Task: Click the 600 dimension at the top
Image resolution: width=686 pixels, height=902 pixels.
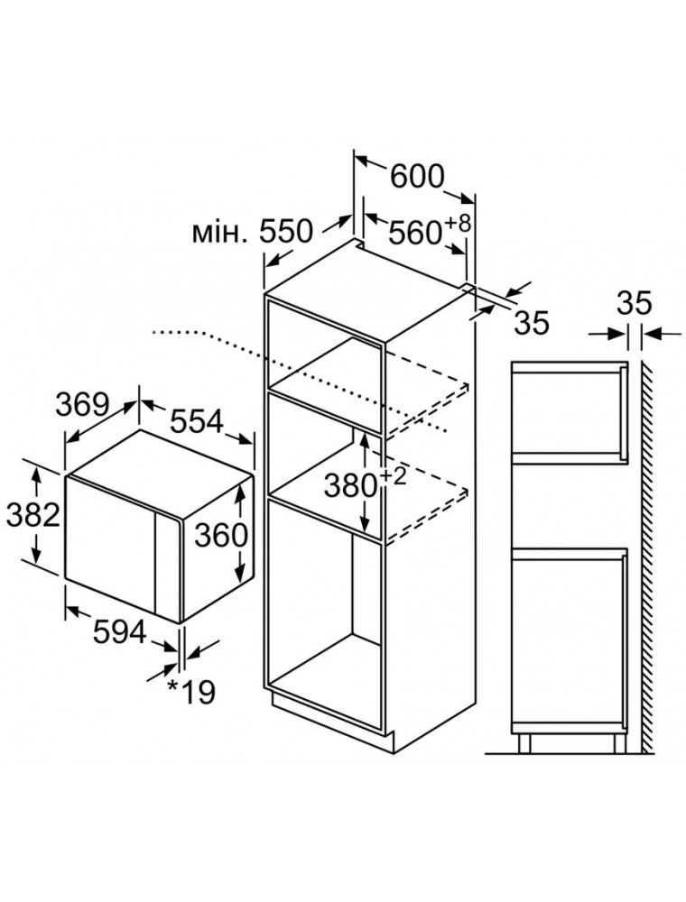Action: pyautogui.click(x=417, y=177)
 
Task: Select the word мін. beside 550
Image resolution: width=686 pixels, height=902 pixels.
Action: pyautogui.click(x=218, y=235)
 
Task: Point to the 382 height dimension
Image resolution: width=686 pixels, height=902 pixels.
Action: pyautogui.click(x=32, y=515)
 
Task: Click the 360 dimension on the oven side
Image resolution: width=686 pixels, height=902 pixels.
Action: pyautogui.click(x=221, y=536)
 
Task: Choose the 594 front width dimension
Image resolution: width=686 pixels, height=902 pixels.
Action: pyautogui.click(x=119, y=632)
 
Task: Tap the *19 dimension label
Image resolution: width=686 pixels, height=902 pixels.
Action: pyautogui.click(x=191, y=692)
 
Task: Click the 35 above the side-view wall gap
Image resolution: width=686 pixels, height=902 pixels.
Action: pyautogui.click(x=635, y=303)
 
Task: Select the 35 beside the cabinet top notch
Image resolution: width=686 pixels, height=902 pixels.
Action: pyautogui.click(x=532, y=322)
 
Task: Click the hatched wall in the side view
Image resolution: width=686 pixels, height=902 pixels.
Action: pyautogui.click(x=647, y=541)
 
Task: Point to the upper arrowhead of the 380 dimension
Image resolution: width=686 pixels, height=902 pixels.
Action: pyautogui.click(x=364, y=439)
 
